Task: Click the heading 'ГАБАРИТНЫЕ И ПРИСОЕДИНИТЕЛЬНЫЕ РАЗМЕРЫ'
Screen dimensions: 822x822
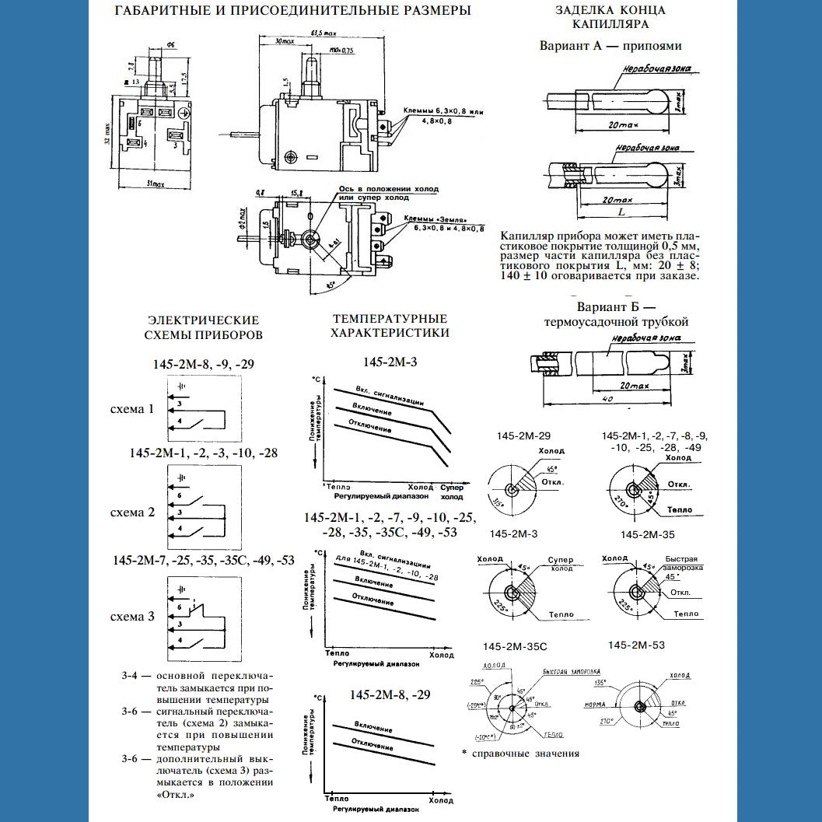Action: click(292, 11)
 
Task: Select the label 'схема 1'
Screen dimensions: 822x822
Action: click(131, 409)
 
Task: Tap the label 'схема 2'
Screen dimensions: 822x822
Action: click(131, 512)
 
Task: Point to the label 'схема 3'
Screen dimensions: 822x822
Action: click(131, 617)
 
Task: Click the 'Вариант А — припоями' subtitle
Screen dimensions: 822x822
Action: click(610, 46)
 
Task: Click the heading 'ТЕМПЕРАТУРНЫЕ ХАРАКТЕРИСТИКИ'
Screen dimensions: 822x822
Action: click(390, 326)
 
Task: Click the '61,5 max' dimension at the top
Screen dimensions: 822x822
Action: click(321, 33)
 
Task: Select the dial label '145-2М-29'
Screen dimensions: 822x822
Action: click(523, 435)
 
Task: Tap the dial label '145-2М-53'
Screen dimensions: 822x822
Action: click(637, 645)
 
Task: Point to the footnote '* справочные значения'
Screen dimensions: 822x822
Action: click(519, 753)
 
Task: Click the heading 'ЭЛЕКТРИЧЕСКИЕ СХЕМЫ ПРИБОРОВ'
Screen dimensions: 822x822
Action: click(204, 327)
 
